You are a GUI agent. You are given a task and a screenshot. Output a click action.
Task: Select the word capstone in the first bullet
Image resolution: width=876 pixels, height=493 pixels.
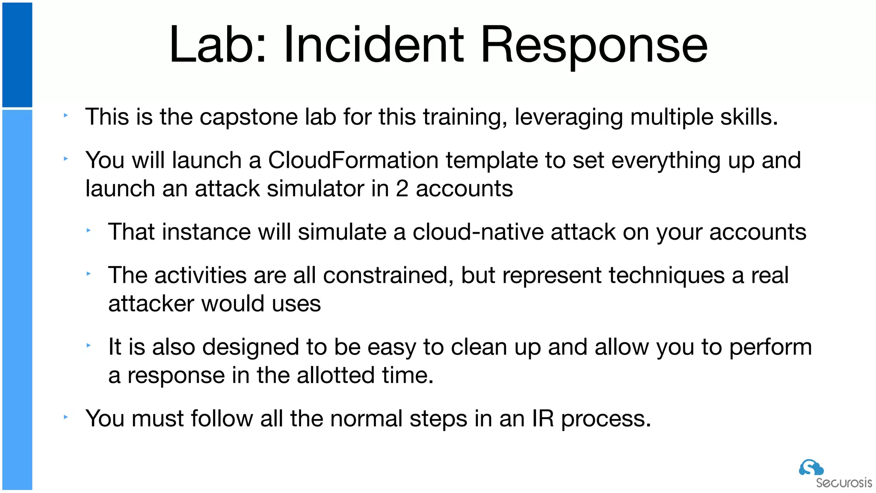[249, 117]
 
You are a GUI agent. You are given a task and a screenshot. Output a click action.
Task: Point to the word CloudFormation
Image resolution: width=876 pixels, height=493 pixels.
[353, 160]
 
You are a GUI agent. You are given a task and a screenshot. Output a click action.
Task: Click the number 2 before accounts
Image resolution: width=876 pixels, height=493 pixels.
[402, 189]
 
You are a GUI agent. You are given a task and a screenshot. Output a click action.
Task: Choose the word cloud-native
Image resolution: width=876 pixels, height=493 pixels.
[478, 232]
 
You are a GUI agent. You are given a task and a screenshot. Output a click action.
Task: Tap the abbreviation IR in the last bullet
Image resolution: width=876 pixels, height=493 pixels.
[543, 419]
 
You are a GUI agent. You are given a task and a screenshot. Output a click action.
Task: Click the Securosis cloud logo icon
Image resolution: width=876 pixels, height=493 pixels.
[811, 467]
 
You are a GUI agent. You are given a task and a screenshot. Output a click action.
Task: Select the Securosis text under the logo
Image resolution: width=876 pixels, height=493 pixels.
[843, 483]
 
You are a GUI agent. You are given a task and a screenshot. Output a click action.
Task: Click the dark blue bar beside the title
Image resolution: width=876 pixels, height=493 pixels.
[17, 55]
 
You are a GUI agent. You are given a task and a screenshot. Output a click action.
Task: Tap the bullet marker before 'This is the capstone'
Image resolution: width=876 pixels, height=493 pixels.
[66, 115]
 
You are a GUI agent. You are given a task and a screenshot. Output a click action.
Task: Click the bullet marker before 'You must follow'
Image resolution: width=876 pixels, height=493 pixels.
[66, 416]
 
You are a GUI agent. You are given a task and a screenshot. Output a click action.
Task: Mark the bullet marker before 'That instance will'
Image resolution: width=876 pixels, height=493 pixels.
[89, 230]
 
